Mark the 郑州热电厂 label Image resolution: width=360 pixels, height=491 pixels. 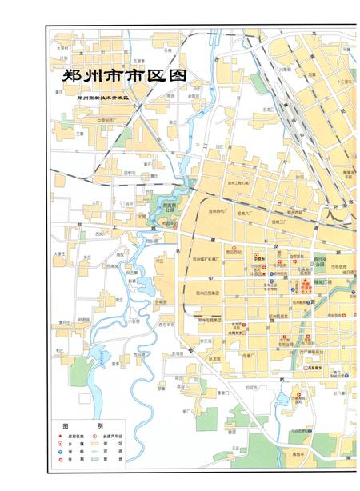tap(219, 211)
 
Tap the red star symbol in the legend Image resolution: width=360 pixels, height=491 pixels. tap(59, 436)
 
